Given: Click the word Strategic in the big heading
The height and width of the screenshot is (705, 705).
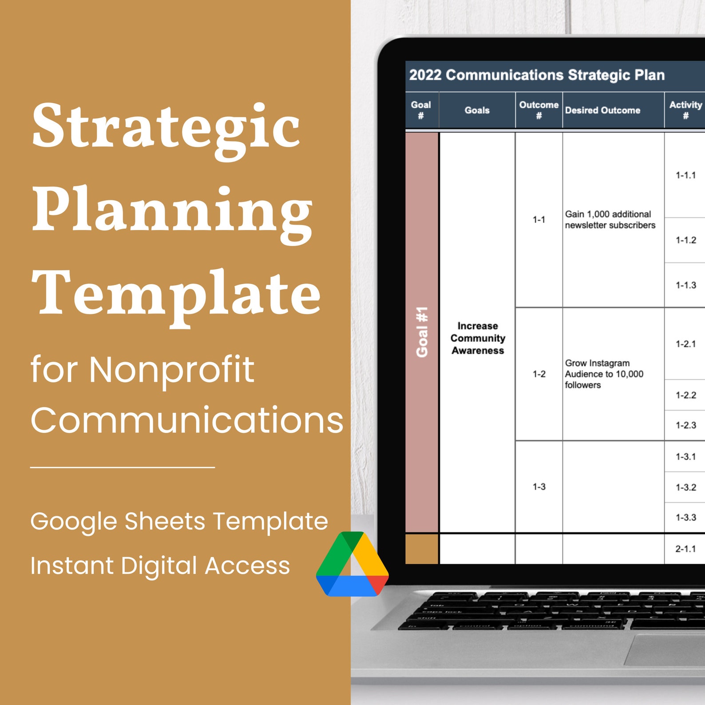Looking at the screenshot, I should (x=166, y=127).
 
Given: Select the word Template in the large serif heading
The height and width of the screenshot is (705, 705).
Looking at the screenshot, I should (x=176, y=294).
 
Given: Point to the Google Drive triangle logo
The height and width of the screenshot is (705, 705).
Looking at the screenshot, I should (x=352, y=564).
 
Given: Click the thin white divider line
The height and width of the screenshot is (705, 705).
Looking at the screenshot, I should (x=123, y=467).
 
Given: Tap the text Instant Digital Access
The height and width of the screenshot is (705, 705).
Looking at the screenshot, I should (x=160, y=566).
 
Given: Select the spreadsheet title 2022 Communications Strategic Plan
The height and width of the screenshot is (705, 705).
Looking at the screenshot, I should (x=536, y=75).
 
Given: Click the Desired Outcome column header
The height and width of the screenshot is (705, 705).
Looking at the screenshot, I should (x=602, y=111).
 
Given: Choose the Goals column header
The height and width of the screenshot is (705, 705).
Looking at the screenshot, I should (x=477, y=111).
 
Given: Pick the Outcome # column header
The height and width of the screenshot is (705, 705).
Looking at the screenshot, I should (x=539, y=110).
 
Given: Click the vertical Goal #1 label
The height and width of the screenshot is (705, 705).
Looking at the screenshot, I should (x=422, y=332).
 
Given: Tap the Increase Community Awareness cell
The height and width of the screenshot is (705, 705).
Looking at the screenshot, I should (x=478, y=338).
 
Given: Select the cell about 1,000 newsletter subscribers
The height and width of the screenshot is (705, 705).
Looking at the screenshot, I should (x=610, y=220).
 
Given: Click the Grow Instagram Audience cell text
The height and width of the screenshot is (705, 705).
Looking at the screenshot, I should (x=604, y=374).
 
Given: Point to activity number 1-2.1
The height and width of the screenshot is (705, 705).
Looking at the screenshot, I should (x=685, y=344).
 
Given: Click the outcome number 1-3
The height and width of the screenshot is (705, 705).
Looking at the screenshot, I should (x=539, y=487).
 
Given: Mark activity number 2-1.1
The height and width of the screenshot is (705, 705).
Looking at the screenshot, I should (x=685, y=549).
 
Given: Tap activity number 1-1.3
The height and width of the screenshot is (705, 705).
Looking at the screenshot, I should (x=685, y=285).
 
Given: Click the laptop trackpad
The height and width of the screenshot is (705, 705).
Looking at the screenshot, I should (x=666, y=650).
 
